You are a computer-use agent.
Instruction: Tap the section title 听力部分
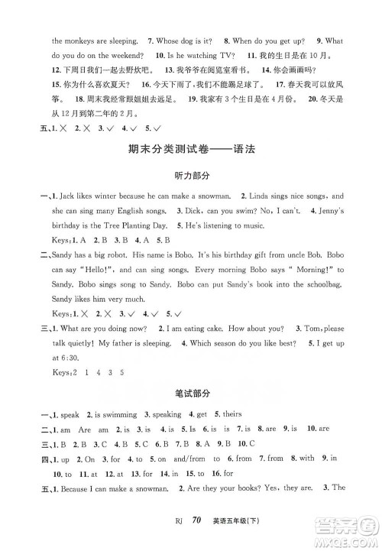[190, 177]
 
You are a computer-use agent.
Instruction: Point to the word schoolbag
[317, 283]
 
